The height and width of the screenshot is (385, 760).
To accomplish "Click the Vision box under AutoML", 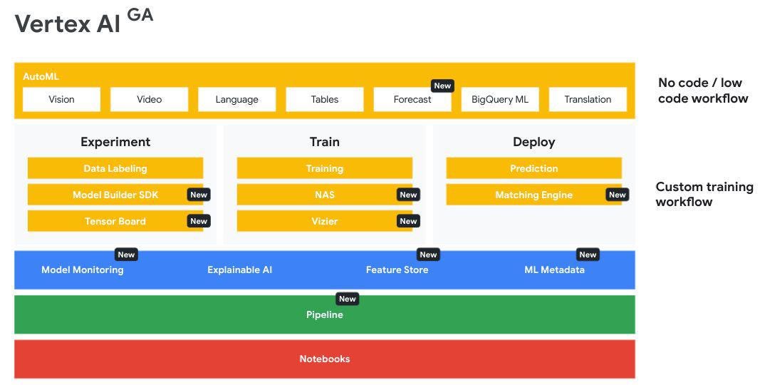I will [x=61, y=100].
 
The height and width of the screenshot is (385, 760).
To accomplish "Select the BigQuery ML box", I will [x=500, y=100].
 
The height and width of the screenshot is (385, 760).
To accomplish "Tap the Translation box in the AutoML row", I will [x=588, y=100].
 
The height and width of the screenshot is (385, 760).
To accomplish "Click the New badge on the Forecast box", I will [x=442, y=86].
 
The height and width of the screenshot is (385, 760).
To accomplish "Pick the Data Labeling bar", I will [x=115, y=168].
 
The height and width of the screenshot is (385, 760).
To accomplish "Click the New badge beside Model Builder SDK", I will [x=199, y=195].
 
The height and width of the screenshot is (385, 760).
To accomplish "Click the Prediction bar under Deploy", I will [x=533, y=168].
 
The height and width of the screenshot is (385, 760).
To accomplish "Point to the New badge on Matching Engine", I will [x=617, y=195].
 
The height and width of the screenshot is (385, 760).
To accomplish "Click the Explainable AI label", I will [x=239, y=270].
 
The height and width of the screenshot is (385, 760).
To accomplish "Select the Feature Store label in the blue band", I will [x=397, y=270].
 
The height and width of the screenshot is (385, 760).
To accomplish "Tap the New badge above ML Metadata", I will [x=588, y=255].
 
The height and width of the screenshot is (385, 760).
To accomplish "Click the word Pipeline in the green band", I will [x=324, y=315].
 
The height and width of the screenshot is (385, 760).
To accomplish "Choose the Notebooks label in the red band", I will [x=324, y=359].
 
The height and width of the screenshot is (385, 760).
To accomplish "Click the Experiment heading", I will [x=115, y=142].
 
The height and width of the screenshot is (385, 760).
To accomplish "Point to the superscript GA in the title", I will [x=140, y=15].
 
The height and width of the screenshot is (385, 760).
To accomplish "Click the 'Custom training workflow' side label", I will [x=704, y=194].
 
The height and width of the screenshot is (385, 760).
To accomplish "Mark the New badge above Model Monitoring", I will [x=126, y=255].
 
